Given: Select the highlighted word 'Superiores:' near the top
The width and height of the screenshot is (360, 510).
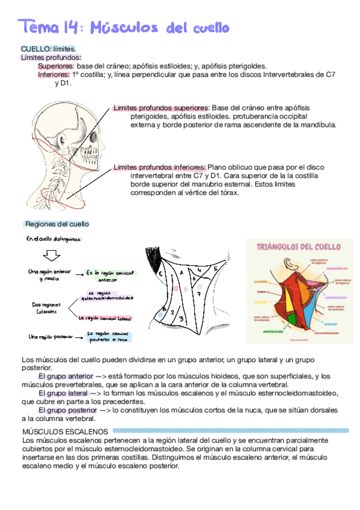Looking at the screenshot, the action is pyautogui.click(x=56, y=66).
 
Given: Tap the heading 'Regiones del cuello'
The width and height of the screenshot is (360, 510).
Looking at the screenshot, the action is pyautogui.click(x=57, y=224).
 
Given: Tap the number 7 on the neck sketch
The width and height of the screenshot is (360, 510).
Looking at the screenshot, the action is pyautogui.click(x=198, y=294).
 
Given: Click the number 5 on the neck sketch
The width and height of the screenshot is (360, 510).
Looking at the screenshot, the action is pyautogui.click(x=216, y=269).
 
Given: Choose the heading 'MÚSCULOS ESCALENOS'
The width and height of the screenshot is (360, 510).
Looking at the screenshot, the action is pyautogui.click(x=64, y=431).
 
